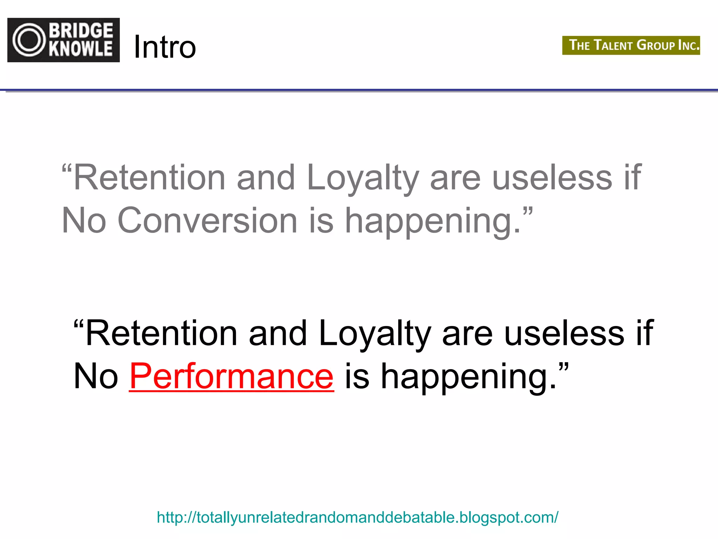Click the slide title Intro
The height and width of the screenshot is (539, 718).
165,47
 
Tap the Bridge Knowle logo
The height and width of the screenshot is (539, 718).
63,40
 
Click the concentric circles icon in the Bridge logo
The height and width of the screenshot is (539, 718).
29,40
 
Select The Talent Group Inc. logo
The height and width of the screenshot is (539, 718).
631,45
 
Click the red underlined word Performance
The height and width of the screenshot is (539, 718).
231,376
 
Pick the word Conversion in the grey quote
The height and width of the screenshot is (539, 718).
207,220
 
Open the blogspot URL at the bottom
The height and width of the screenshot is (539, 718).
357,518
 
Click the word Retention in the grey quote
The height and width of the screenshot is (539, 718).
149,178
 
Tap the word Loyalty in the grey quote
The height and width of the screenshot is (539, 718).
363,178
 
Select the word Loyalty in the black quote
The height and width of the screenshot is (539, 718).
375,334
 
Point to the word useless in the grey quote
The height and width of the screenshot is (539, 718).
552,178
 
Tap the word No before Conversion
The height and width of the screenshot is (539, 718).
84,220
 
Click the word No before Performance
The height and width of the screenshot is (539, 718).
96,376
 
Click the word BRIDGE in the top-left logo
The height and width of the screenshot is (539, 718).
81,31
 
